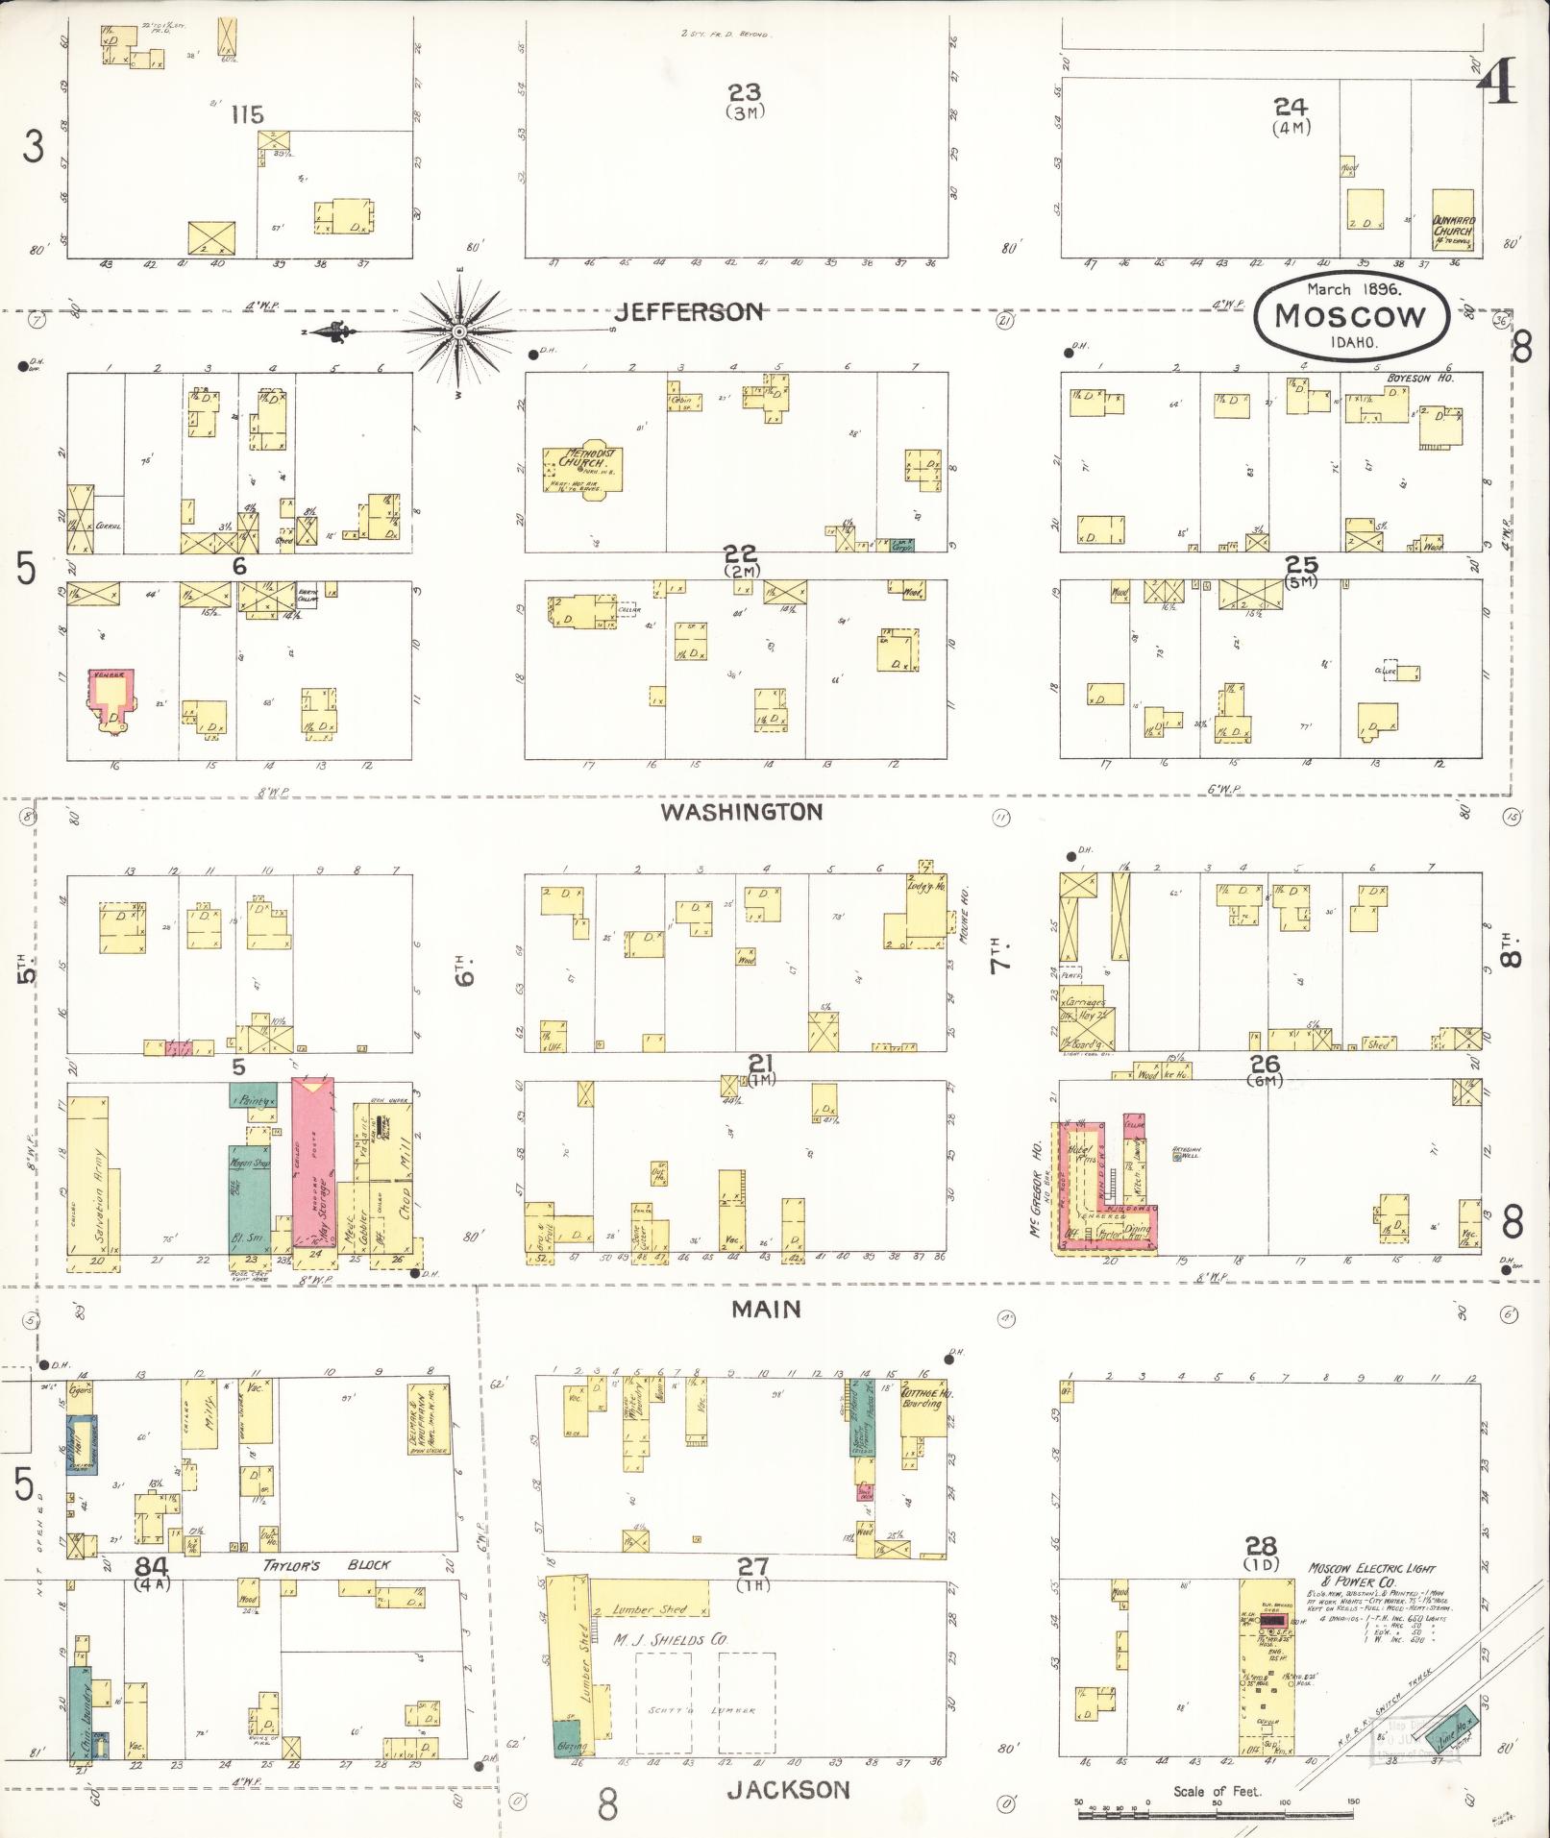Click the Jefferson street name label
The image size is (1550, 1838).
pos(690,311)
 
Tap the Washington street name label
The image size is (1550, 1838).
pos(742,812)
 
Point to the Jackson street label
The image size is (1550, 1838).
pos(788,1789)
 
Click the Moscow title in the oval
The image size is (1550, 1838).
pos(1350,316)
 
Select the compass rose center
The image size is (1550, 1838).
pos(459,331)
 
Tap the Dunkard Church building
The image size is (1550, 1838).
pos(1454,232)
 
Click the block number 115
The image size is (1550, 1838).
pos(247,115)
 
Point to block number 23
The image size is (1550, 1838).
pos(744,92)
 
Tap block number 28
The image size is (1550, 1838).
pos(1260,1546)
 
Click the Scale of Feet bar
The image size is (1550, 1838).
pos(1217,1814)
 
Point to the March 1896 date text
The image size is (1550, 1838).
pos(1353,288)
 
